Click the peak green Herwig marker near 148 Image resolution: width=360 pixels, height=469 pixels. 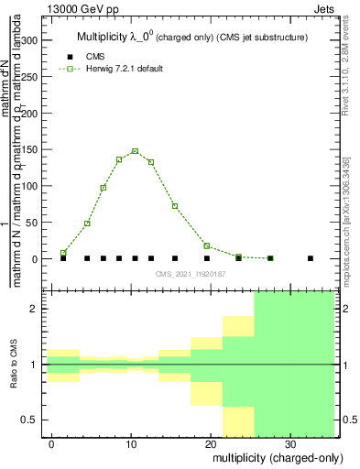pos(135,151)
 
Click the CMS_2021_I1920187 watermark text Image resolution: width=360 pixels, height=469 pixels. pos(190,272)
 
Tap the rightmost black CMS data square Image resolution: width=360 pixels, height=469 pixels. pos(311,258)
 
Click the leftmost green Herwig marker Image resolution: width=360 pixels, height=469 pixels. pos(63,253)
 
